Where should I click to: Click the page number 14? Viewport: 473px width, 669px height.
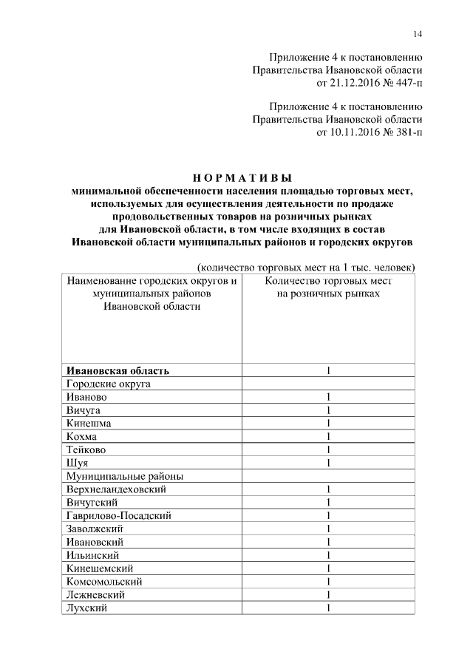click(x=418, y=34)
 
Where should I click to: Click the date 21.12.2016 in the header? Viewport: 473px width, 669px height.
click(x=346, y=82)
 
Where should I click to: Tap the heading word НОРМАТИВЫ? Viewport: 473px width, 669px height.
click(x=242, y=177)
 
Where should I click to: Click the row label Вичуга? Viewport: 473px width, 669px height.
click(x=84, y=410)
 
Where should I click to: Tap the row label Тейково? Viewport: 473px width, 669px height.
click(x=87, y=449)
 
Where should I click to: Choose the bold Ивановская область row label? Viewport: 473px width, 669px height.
click(x=118, y=370)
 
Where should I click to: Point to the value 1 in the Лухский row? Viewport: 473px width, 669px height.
click(x=327, y=608)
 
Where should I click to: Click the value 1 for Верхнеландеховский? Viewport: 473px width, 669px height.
click(x=327, y=489)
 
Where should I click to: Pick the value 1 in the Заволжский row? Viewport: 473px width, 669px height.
click(x=327, y=529)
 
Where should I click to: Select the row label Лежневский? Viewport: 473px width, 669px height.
click(x=95, y=594)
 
